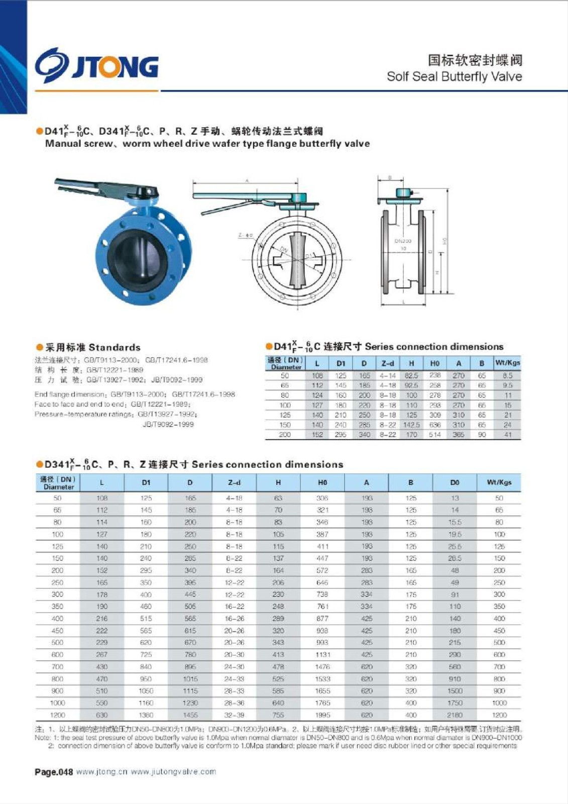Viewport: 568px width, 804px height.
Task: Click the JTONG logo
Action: (x=96, y=65)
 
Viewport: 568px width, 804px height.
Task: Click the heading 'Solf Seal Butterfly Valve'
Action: (x=454, y=76)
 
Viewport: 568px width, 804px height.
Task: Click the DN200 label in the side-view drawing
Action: (x=403, y=241)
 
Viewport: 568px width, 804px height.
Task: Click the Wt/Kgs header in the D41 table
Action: (x=507, y=363)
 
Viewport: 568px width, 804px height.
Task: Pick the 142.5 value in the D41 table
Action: (x=411, y=425)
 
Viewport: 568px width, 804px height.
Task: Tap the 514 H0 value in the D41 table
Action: (x=435, y=435)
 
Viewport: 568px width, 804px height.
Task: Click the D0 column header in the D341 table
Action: (x=455, y=482)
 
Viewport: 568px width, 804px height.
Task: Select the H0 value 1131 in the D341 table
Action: (x=322, y=655)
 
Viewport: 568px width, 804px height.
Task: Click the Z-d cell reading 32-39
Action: (x=234, y=715)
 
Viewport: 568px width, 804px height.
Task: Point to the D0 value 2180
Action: (x=455, y=715)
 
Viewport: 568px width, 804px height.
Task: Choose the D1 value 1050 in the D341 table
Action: (x=146, y=691)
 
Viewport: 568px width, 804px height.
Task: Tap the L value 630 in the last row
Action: (x=102, y=715)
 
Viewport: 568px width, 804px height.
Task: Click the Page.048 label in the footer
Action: (x=54, y=772)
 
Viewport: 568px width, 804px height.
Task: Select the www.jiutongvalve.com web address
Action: (x=173, y=772)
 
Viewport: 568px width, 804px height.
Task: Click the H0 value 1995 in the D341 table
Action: (x=322, y=715)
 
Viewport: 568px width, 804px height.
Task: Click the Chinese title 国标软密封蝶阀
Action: (x=475, y=60)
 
